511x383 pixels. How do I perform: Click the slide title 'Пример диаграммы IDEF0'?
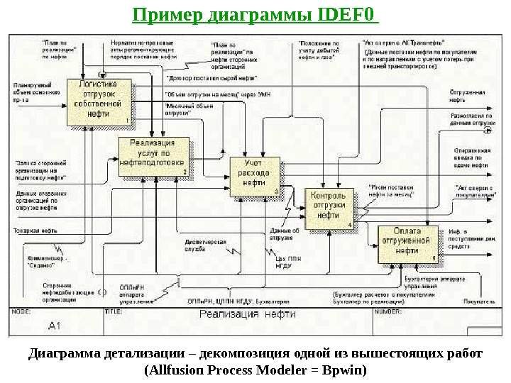pos(256,15)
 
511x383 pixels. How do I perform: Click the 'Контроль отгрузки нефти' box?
pos(329,206)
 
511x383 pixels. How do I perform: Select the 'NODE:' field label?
pos(22,310)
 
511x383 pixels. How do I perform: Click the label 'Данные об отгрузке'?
pos(285,233)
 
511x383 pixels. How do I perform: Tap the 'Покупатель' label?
pos(479,301)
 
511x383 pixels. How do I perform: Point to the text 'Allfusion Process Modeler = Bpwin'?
pos(255,370)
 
